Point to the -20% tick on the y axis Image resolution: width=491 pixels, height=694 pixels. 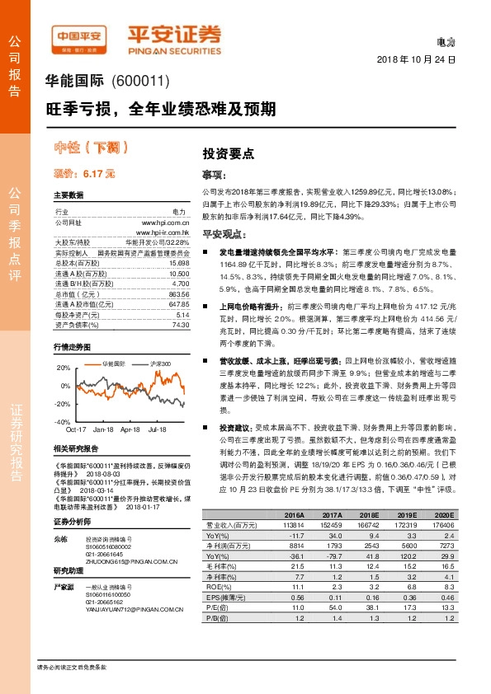coord(62,404)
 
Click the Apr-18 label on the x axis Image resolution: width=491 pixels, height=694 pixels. coord(130,429)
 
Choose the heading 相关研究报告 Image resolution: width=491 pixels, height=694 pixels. coord(76,448)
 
